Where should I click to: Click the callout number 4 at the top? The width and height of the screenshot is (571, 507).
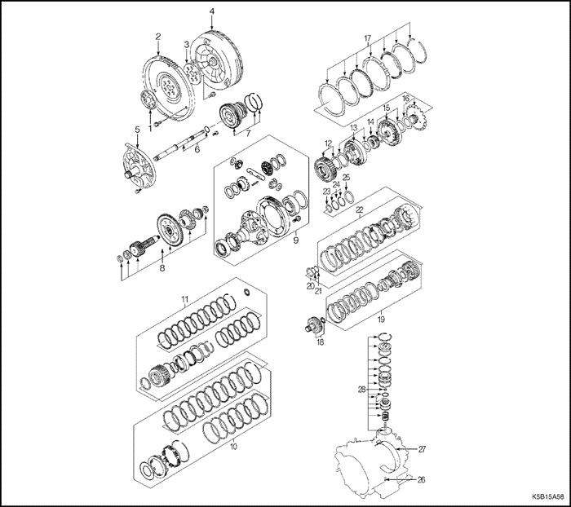pos(211,11)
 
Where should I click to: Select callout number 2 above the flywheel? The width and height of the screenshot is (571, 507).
pos(157,36)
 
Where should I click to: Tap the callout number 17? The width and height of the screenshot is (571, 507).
pos(367,38)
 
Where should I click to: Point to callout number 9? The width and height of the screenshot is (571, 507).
pos(295,240)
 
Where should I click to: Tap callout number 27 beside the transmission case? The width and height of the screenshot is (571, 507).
pos(423,449)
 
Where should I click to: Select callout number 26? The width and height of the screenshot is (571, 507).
pos(422,479)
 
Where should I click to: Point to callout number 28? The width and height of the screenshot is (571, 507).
pos(361,390)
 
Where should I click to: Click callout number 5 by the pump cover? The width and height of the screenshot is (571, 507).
pos(137,129)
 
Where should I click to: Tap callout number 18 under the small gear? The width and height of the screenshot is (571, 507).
pos(319,343)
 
